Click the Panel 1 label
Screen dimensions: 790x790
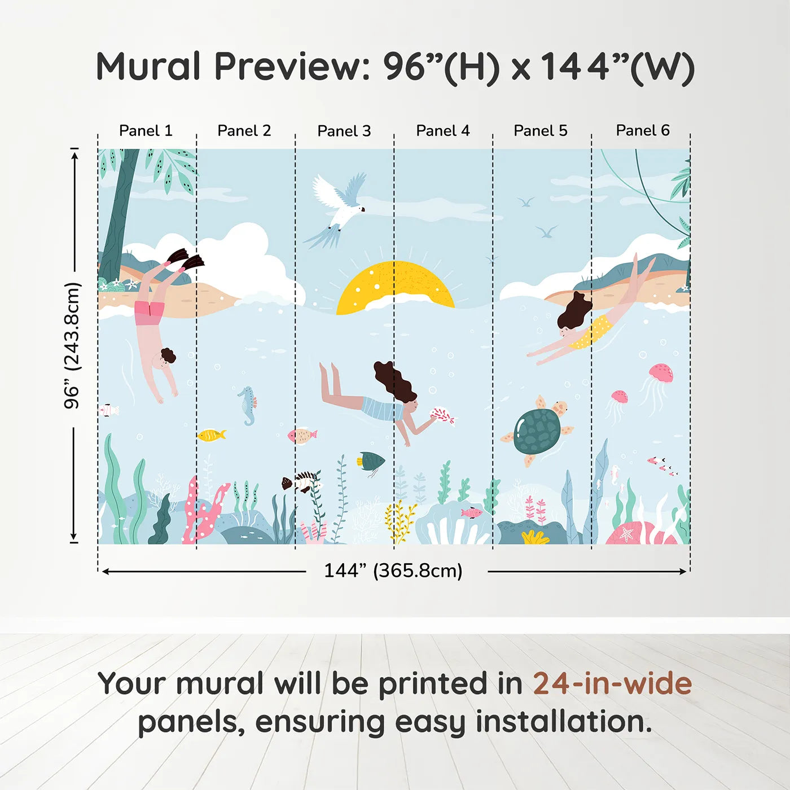(x=146, y=131)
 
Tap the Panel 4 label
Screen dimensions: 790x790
(x=443, y=131)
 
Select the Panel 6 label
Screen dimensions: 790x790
(x=642, y=130)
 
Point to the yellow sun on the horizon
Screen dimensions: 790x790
(x=395, y=287)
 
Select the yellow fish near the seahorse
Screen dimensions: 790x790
(x=211, y=434)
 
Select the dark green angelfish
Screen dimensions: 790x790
(x=371, y=462)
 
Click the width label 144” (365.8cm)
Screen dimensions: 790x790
(x=393, y=570)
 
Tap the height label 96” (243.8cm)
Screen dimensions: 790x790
(x=72, y=345)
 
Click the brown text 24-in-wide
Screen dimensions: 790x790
(x=612, y=683)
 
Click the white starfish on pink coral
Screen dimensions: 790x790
(x=626, y=533)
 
